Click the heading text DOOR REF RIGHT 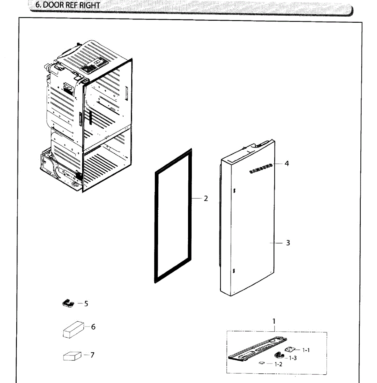click(x=67, y=5)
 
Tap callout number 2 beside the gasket click(x=206, y=199)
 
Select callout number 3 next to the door click(x=288, y=243)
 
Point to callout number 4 click(x=287, y=163)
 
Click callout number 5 click(x=86, y=304)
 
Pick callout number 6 click(x=93, y=327)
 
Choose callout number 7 click(x=92, y=355)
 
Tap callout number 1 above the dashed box click(x=274, y=321)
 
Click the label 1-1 click(x=306, y=350)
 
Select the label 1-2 click(x=278, y=364)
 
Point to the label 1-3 click(x=293, y=358)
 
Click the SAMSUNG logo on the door click(x=261, y=169)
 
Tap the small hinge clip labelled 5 click(x=68, y=303)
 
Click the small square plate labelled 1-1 click(x=290, y=349)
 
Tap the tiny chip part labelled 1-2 click(x=262, y=363)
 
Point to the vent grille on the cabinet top click(x=91, y=67)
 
